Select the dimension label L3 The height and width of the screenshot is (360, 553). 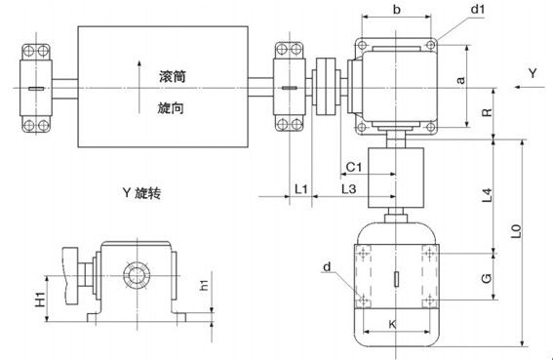pyautogui.click(x=348, y=185)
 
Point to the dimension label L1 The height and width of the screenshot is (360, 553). pyautogui.click(x=301, y=185)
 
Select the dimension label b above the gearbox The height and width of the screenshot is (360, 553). pyautogui.click(x=394, y=13)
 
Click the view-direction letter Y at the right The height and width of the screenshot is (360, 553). pyautogui.click(x=532, y=73)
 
